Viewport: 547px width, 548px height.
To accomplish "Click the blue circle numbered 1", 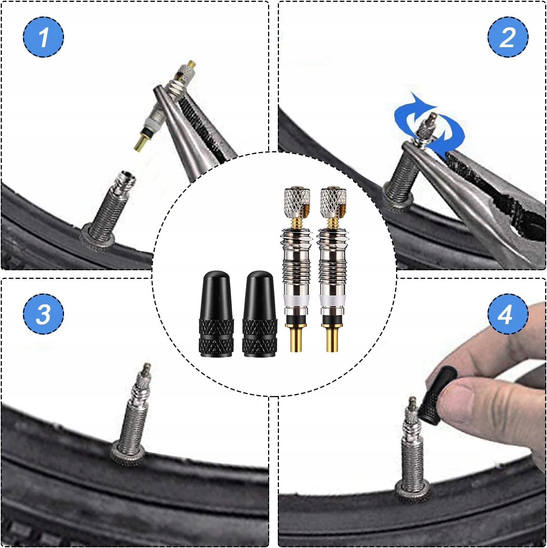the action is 43,37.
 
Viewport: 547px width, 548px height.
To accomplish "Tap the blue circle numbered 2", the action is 508,37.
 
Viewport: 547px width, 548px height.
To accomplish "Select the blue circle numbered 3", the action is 43,314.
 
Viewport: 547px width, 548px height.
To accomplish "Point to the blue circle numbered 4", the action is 508,314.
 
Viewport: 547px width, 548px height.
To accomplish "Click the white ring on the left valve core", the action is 297,299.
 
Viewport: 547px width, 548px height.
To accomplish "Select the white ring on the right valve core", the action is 333,299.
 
